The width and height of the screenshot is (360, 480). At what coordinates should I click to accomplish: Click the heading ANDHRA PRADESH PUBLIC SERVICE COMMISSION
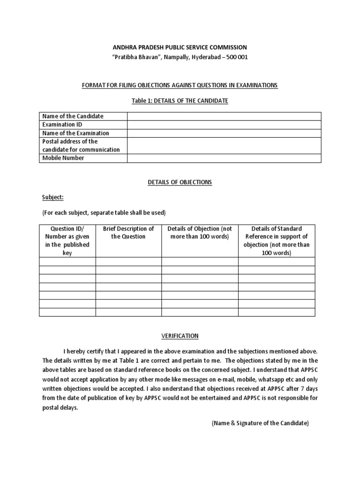pyautogui.click(x=180, y=47)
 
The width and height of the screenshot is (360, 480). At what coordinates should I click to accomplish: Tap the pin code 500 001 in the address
pyautogui.click(x=237, y=57)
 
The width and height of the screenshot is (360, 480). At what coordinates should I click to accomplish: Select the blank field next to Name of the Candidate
pyautogui.click(x=224, y=116)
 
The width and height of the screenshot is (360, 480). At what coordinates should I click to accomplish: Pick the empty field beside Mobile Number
pyautogui.click(x=224, y=158)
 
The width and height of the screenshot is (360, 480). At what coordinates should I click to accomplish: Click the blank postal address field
pyautogui.click(x=224, y=145)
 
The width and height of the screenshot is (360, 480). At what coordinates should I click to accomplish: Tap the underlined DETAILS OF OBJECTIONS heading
pyautogui.click(x=180, y=182)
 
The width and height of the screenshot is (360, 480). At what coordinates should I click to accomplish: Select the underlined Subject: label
pyautogui.click(x=53, y=197)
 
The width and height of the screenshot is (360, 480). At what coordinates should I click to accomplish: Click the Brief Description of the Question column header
pyautogui.click(x=128, y=232)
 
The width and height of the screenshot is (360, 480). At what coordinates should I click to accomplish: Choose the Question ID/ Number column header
pyautogui.click(x=67, y=240)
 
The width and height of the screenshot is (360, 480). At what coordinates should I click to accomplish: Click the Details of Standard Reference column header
pyautogui.click(x=277, y=240)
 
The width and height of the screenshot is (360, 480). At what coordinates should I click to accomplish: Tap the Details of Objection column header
pyautogui.click(x=200, y=232)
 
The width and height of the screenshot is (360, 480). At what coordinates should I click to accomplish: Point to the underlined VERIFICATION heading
pyautogui.click(x=180, y=336)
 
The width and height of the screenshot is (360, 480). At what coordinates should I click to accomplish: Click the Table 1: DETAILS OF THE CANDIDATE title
pyautogui.click(x=180, y=101)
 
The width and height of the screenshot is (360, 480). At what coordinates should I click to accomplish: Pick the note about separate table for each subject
pyautogui.click(x=104, y=212)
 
